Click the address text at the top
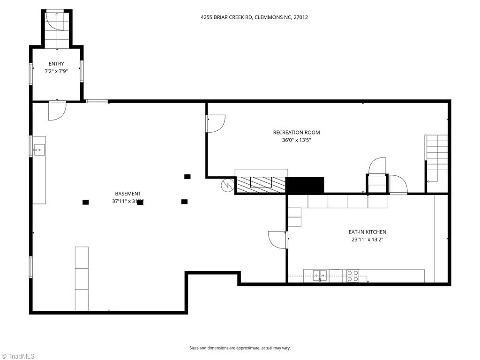point(254,17)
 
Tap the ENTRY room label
point(56,64)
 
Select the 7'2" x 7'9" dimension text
point(56,72)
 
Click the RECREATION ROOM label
point(296,133)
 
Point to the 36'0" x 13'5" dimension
point(296,140)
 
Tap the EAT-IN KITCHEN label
point(367,232)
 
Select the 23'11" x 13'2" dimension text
point(367,240)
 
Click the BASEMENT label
point(128,194)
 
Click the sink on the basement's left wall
point(38,150)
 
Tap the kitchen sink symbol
point(320,275)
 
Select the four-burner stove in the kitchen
point(352,276)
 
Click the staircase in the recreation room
point(436,158)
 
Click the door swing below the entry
point(57,111)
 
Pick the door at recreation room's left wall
point(216,123)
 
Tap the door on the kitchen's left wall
point(277,240)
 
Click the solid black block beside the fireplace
point(305,185)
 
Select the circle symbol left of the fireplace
point(227,185)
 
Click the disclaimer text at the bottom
point(240,348)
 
